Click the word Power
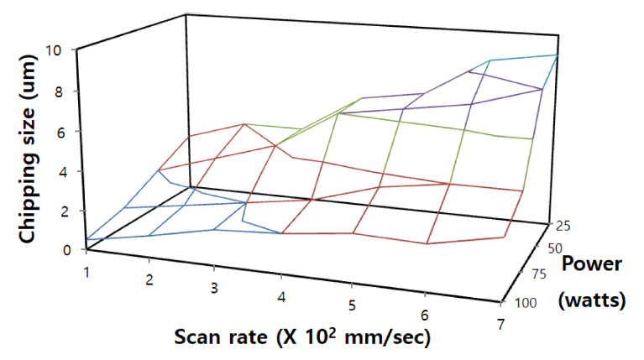pyautogui.click(x=592, y=265)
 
